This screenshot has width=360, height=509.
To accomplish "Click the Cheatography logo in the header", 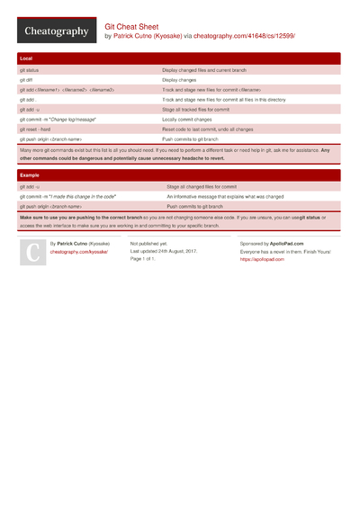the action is click(56, 31).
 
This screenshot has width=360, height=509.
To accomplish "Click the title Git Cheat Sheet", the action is click(133, 27).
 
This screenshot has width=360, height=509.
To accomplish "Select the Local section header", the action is click(26, 58).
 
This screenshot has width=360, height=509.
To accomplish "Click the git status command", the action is click(29, 69).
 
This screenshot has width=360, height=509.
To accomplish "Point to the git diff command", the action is click(26, 79).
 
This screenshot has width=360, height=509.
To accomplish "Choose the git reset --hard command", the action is click(36, 129).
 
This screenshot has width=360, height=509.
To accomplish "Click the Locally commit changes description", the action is click(187, 119).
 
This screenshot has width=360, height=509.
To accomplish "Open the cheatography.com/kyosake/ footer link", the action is click(78, 253).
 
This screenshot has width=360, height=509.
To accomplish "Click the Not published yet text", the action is click(148, 244).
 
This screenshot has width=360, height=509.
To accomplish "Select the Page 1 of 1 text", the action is click(143, 259).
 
